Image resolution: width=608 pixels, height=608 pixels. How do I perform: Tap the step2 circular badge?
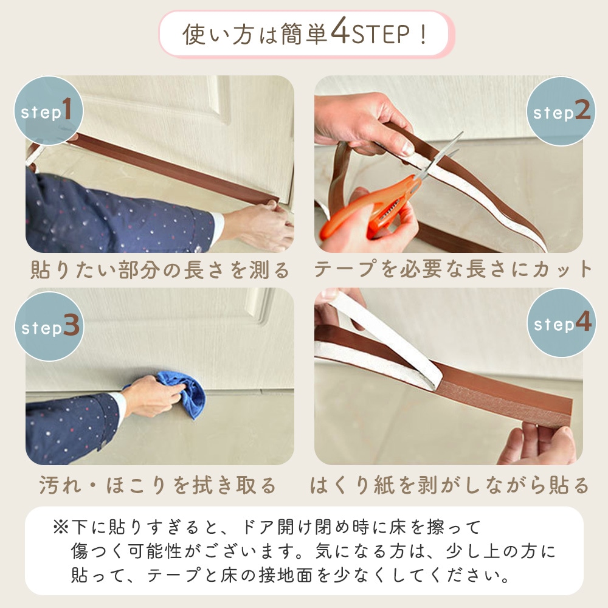point(561,111)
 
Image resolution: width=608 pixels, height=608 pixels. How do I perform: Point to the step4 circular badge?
point(561,323)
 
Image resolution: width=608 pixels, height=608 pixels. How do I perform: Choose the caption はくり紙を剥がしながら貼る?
point(450,485)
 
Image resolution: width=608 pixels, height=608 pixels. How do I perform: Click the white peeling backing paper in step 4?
point(389,340)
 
